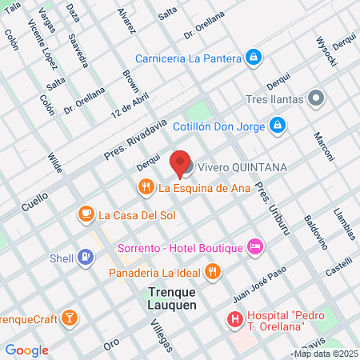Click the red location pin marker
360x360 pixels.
182,163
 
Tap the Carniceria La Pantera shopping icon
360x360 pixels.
253,57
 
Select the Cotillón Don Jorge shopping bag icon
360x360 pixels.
277,125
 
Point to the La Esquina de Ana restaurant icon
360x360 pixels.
145,189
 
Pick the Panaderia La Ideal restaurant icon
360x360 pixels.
212,272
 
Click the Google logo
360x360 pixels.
26,350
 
